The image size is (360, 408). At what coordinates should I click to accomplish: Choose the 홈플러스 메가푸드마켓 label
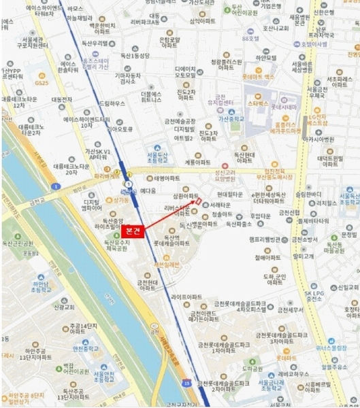[x=289, y=129]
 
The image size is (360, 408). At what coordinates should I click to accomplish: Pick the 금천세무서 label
[x=299, y=309]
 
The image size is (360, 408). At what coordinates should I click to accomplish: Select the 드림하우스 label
[x=113, y=103]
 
